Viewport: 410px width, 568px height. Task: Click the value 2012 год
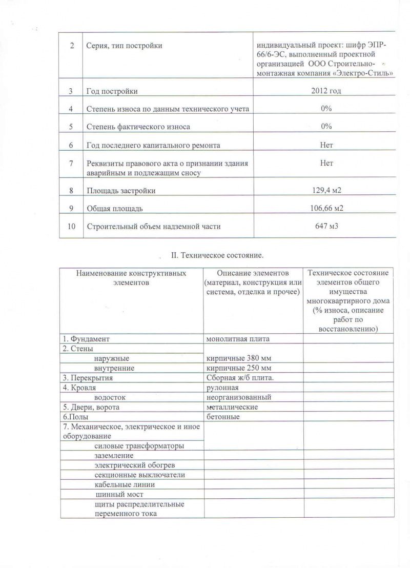click(326, 91)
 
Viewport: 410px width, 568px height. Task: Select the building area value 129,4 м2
click(326, 191)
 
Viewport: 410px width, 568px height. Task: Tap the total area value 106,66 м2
click(326, 209)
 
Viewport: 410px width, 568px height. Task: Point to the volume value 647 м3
click(326, 226)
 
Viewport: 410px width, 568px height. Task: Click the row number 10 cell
click(71, 226)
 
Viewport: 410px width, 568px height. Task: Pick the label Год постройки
click(112, 91)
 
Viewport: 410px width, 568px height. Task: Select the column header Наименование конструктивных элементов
click(132, 277)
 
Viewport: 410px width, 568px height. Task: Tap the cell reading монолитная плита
click(237, 339)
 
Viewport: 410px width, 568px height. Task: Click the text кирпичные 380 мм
click(238, 358)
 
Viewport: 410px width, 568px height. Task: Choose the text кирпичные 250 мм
click(238, 368)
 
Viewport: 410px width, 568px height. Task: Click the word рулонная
click(222, 388)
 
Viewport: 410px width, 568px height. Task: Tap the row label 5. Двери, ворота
click(91, 407)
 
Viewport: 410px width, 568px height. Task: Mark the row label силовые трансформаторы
click(139, 446)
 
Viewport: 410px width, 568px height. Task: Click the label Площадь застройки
click(121, 191)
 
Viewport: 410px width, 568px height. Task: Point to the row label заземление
click(114, 456)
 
